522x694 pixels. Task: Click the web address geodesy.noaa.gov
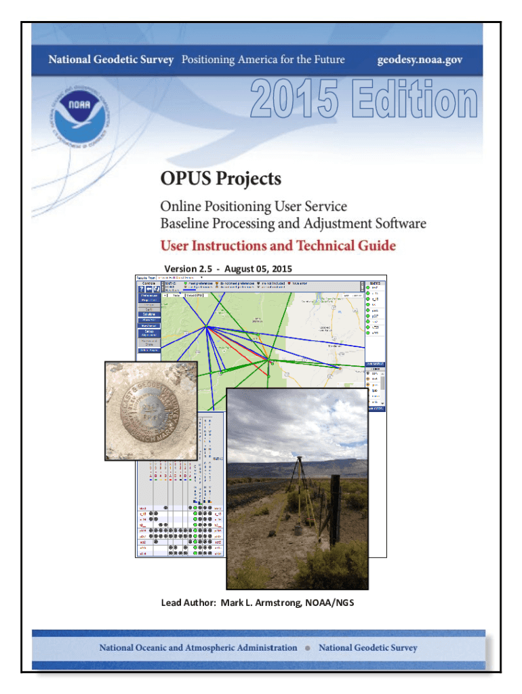[420, 60]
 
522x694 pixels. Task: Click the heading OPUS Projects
[220, 180]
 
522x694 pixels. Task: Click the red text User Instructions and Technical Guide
[277, 245]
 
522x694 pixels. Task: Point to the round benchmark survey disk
[150, 411]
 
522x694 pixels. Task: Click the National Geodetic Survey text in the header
[111, 60]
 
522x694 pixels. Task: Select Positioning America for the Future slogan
[263, 60]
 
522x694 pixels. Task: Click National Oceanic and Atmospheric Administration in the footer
[198, 647]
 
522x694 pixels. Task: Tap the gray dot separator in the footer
[308, 648]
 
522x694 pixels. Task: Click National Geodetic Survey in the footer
[368, 647]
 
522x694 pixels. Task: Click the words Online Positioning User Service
[254, 205]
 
